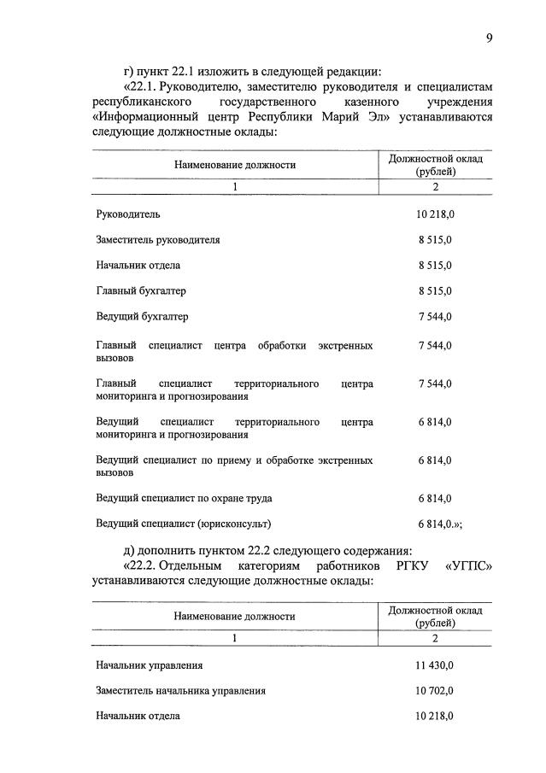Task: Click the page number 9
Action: coord(489,37)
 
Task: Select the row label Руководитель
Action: coord(128,214)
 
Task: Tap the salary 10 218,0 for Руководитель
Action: coord(435,214)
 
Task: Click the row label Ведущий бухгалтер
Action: coord(142,317)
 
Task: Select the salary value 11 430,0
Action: coord(435,665)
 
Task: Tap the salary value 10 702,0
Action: coord(435,690)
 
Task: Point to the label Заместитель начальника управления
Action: coord(181,690)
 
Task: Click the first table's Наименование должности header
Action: coord(235,165)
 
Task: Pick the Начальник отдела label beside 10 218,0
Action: coord(138,716)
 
